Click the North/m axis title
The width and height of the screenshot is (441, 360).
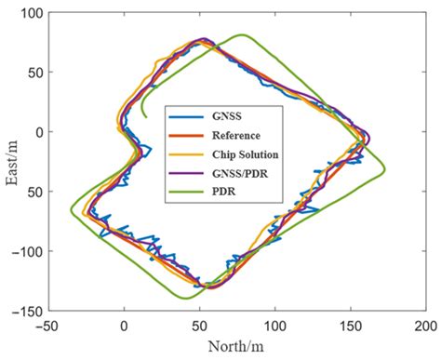239,348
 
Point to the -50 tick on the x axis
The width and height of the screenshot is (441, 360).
48,327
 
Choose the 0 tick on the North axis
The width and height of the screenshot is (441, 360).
124,327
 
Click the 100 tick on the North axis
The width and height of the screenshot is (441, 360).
275,327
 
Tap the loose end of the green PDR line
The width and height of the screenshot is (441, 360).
144,116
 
